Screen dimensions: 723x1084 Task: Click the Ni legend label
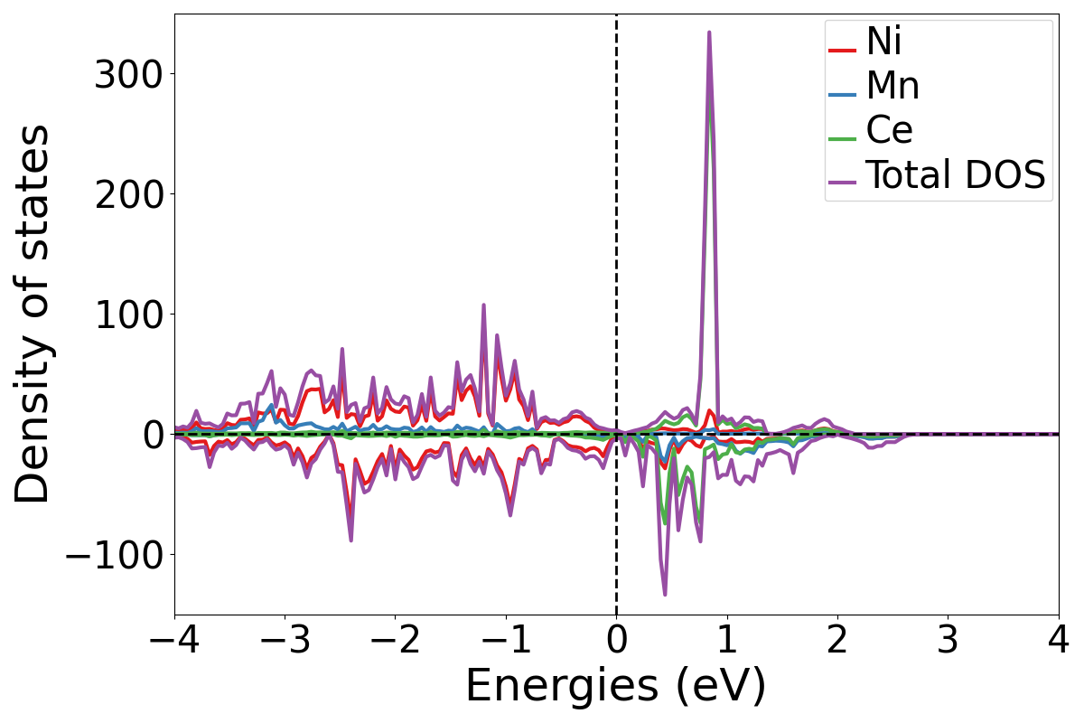[x=883, y=42]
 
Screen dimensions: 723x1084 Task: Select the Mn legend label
[x=892, y=86]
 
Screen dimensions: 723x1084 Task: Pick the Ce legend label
[x=889, y=131]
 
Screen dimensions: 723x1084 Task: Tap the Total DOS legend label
[x=956, y=176]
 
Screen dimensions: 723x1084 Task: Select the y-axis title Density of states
[x=34, y=314]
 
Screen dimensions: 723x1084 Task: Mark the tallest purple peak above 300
[x=709, y=33]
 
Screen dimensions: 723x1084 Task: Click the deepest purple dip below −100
[x=665, y=594]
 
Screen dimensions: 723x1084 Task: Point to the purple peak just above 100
[x=483, y=305]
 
